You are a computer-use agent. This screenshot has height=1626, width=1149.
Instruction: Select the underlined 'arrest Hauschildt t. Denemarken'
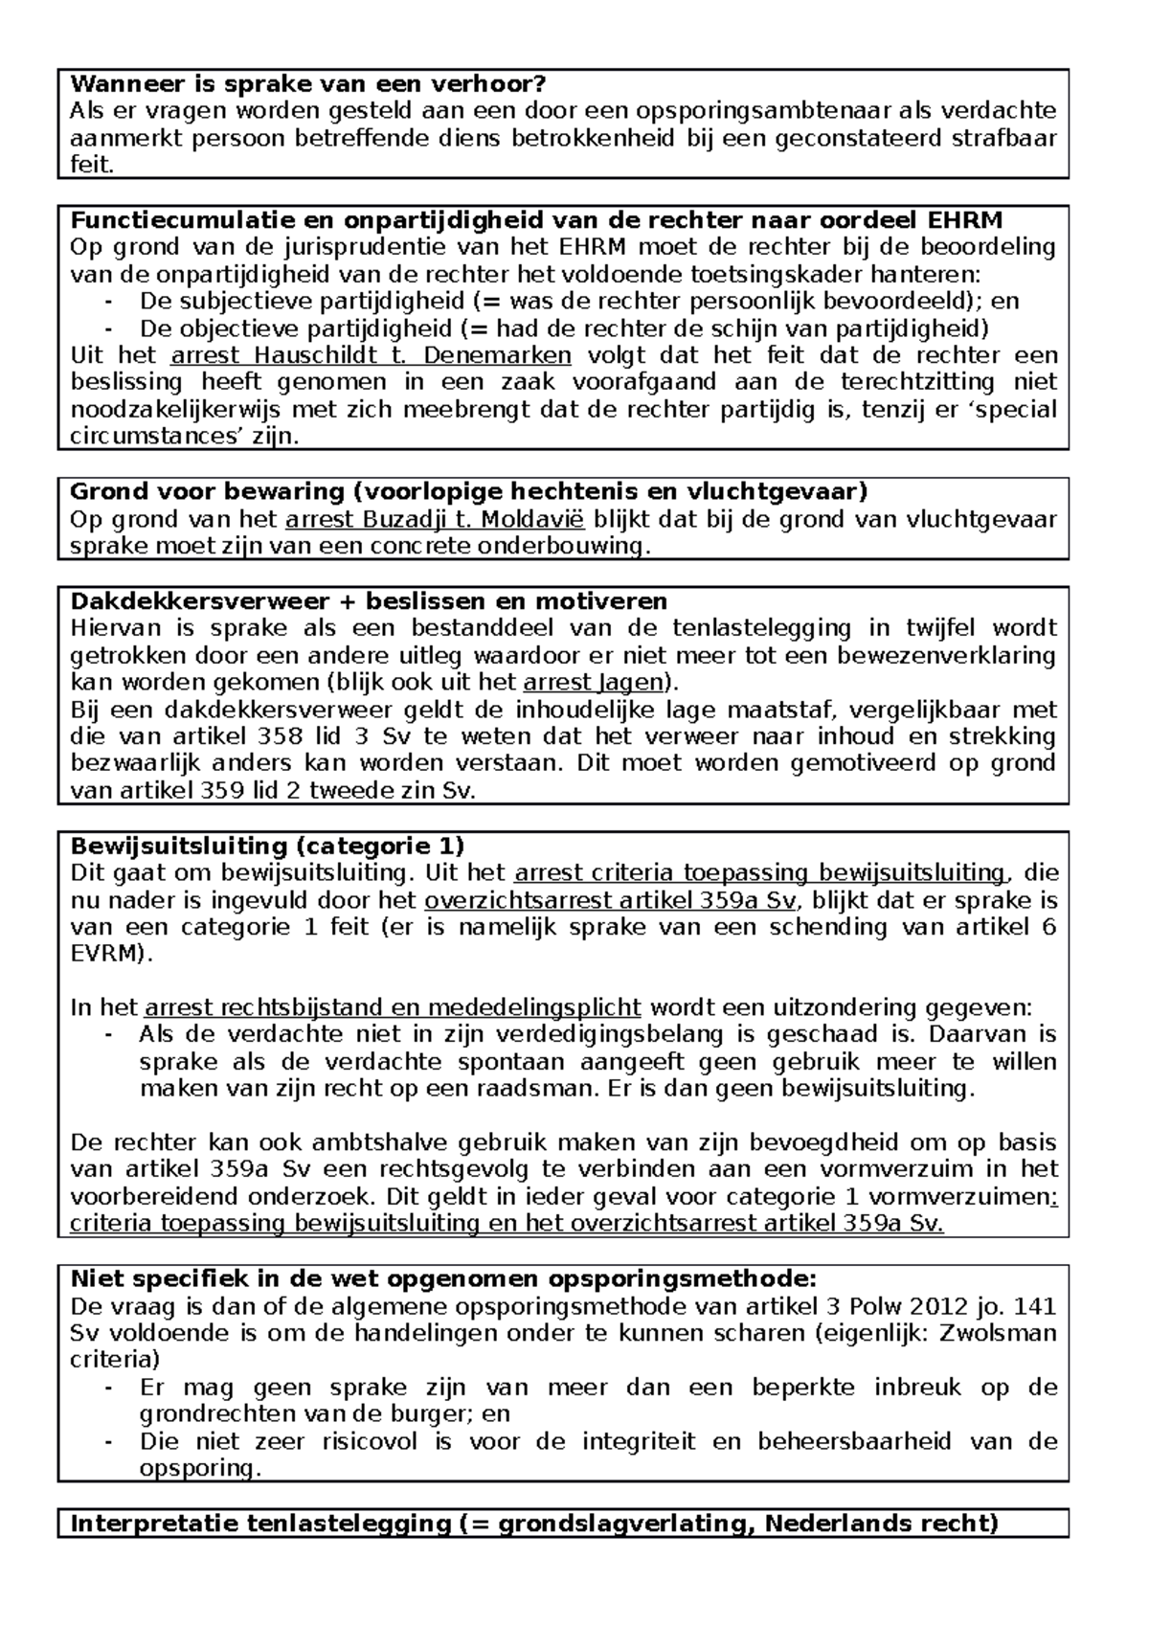tap(371, 356)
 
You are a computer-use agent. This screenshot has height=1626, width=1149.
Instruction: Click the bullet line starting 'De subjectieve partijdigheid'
tap(565, 302)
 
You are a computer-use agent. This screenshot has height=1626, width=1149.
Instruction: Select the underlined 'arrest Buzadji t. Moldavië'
tap(437, 520)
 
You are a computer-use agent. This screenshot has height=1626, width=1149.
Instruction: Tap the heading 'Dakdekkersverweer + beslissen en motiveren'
tap(369, 601)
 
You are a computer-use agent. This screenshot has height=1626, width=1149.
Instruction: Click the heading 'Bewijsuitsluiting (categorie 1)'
tap(267, 847)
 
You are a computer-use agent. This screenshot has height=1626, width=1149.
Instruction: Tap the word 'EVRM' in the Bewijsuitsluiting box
tap(104, 955)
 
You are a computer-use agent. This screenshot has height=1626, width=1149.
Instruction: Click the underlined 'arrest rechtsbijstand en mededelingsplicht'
tap(393, 1008)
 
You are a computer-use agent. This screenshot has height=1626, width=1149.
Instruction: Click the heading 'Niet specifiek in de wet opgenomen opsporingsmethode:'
tap(443, 1280)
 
